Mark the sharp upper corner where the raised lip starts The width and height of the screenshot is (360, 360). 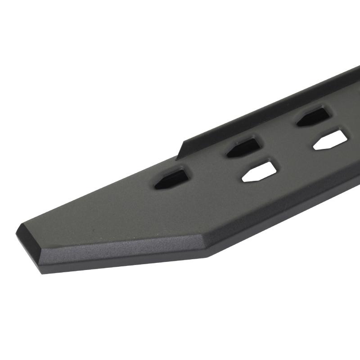(185, 140)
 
